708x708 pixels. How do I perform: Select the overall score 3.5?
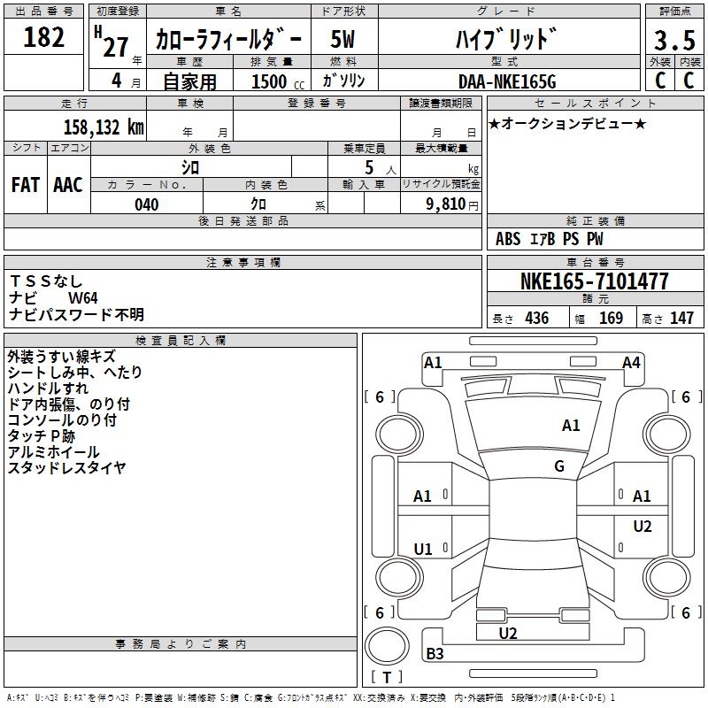(672, 41)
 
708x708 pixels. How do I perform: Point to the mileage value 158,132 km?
(104, 127)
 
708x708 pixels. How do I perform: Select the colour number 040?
(147, 204)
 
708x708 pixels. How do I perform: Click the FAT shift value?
(25, 184)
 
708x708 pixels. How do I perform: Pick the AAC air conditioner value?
(68, 184)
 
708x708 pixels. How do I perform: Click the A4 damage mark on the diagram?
(631, 362)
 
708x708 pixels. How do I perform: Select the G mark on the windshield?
(559, 466)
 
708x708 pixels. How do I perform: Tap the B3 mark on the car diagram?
(435, 654)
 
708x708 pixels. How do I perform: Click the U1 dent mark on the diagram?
(423, 550)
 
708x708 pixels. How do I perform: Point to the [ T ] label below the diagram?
(387, 678)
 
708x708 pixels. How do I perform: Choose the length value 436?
(535, 319)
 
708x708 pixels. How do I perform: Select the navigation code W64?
(83, 298)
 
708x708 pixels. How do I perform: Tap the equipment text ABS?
(508, 239)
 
